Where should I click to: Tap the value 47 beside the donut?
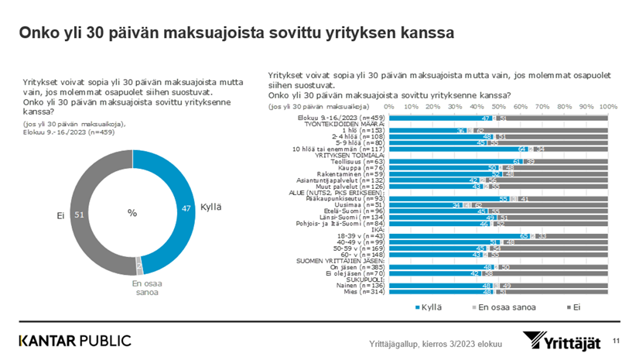(x=187, y=209)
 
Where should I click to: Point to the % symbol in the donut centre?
(x=132, y=213)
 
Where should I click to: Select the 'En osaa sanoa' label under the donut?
(x=138, y=288)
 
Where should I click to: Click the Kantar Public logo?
(x=75, y=341)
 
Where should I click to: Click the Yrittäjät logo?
(x=563, y=341)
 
